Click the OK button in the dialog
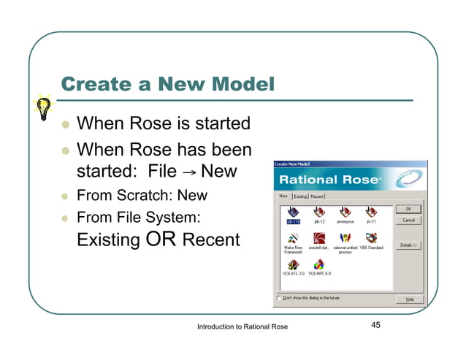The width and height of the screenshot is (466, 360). coord(408,209)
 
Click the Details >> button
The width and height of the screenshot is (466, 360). coord(408,245)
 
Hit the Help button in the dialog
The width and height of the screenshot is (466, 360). coord(409,299)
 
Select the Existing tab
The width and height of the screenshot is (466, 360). coord(300,196)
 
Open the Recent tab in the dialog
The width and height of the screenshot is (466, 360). coord(317,196)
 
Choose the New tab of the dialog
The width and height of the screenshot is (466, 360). coord(283,196)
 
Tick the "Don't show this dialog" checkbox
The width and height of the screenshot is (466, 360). coord(278,298)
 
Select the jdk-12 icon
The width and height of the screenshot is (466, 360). coord(318,211)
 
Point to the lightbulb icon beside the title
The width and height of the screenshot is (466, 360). coord(43,107)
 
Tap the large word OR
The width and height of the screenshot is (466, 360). coord(162,239)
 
